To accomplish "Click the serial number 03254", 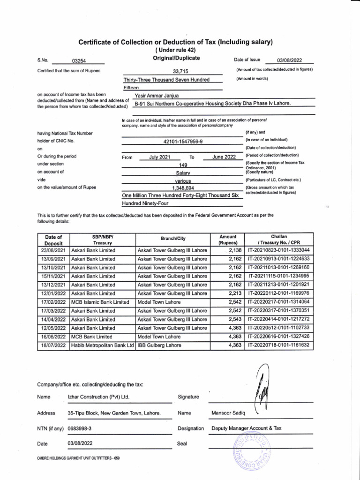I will (79, 60).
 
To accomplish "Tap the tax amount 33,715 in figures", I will (180, 71).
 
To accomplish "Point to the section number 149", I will (183, 165).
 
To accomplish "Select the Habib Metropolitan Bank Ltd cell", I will (102, 345).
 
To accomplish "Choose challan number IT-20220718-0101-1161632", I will (279, 345).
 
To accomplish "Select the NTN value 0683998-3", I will (80, 428).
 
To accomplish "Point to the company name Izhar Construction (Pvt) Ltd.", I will (98, 397).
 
